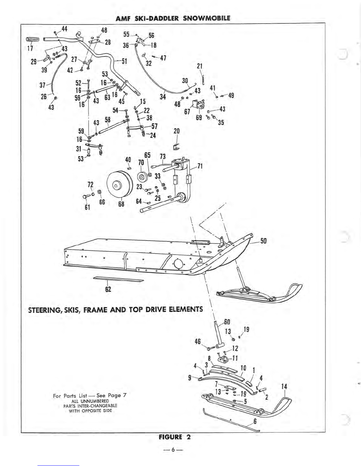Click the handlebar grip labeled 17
coord(33,39)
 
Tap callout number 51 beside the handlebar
coord(124,61)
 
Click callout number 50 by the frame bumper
coord(263,241)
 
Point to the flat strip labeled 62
coord(119,279)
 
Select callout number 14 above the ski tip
coord(284,386)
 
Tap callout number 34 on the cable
coord(163,97)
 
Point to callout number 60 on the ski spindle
coord(227,322)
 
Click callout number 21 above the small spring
coord(200,66)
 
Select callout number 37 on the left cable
coord(42,85)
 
